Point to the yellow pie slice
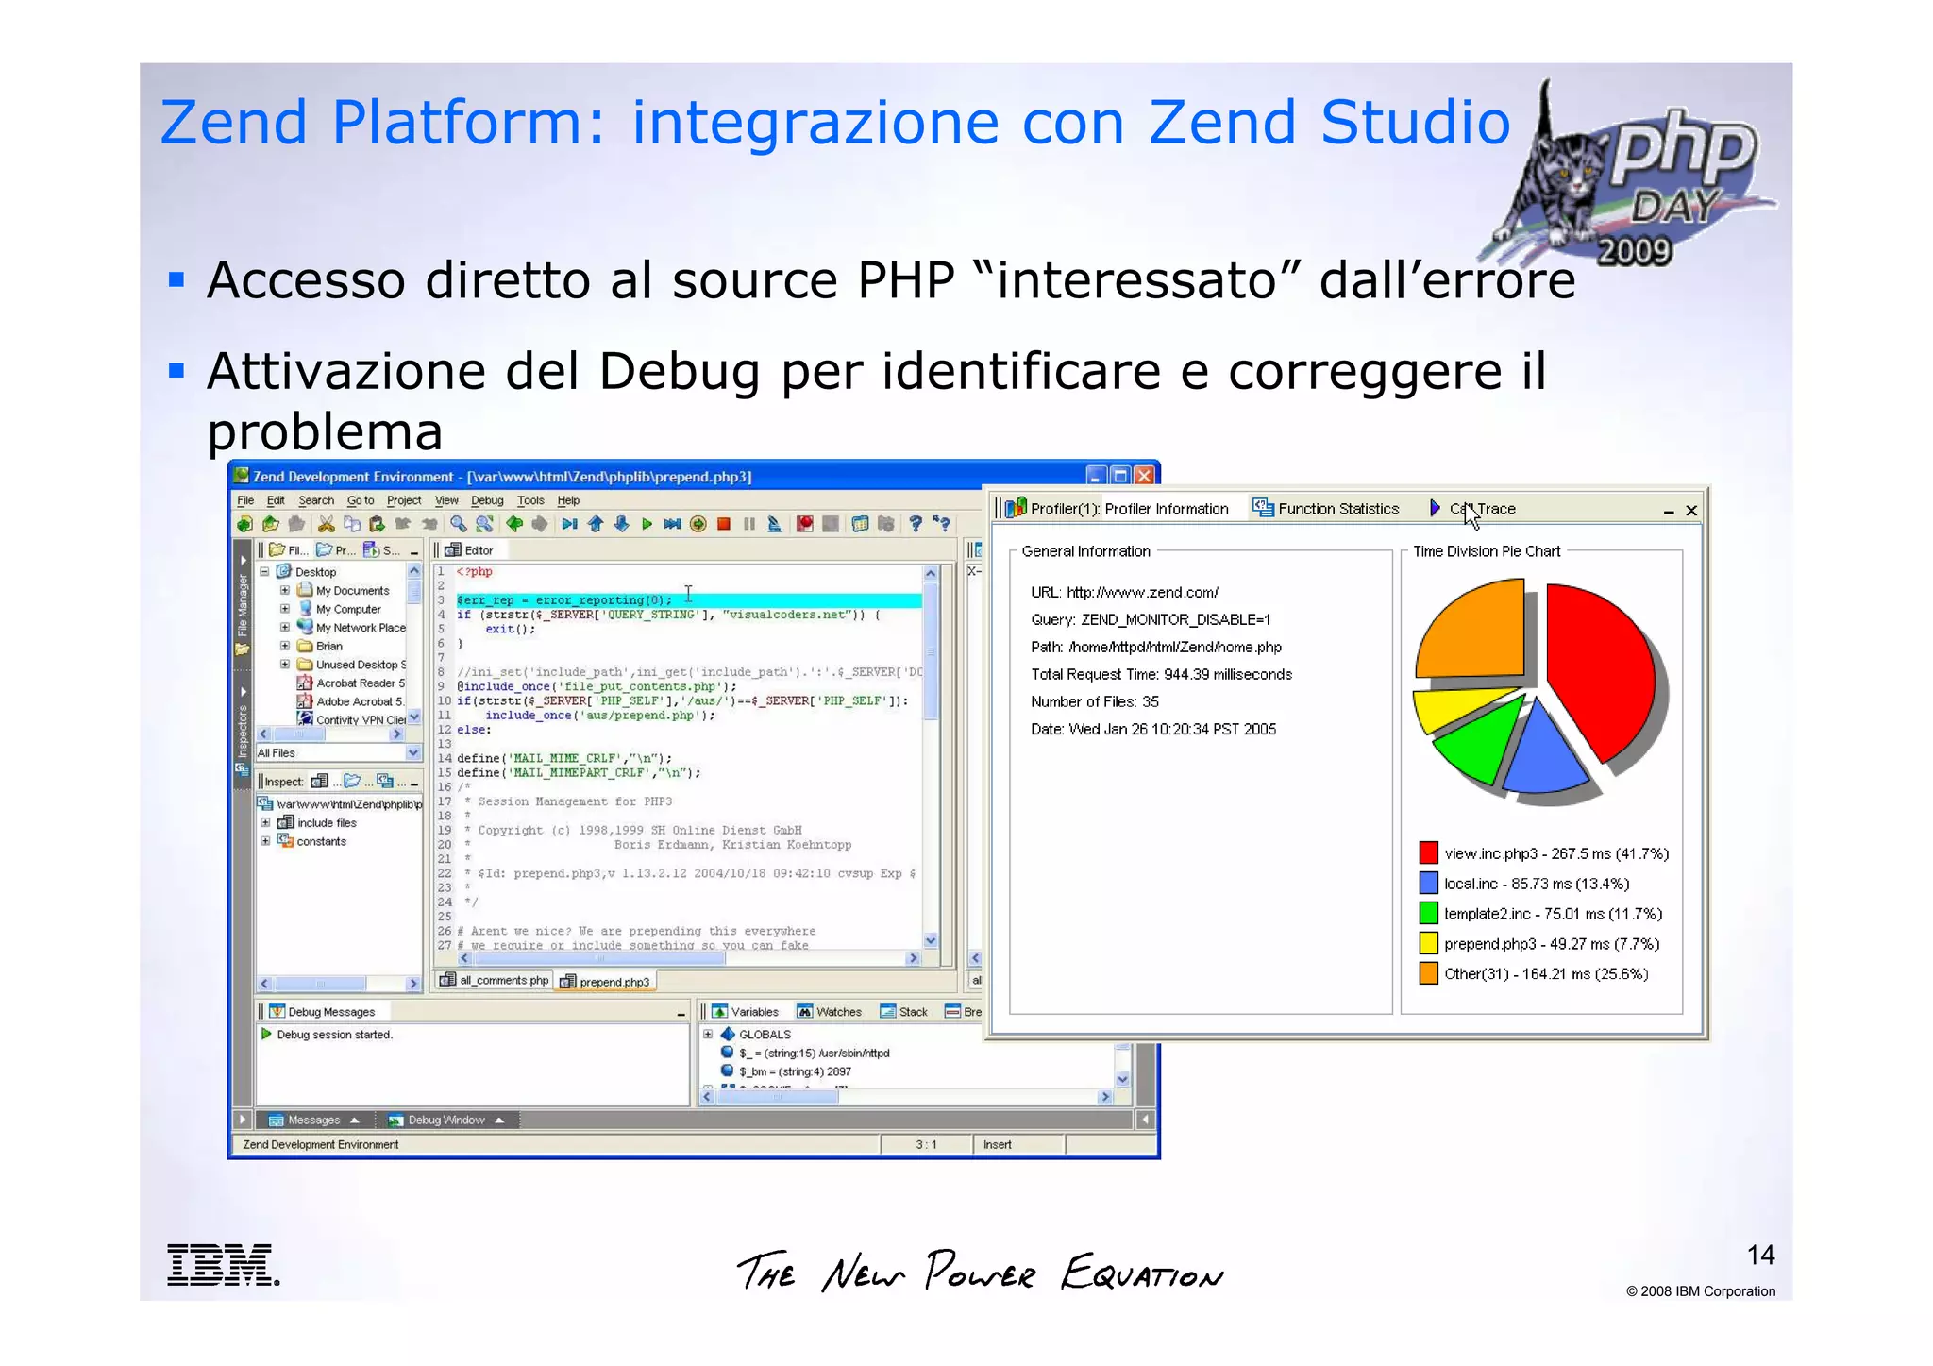(1454, 708)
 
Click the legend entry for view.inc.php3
(1555, 853)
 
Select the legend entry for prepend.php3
(1551, 944)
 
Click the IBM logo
(223, 1265)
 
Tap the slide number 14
(1760, 1255)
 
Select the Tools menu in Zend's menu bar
(530, 500)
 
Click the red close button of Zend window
(1145, 476)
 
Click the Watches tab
(830, 1012)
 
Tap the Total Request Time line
(1161, 674)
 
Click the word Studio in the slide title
(1415, 123)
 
